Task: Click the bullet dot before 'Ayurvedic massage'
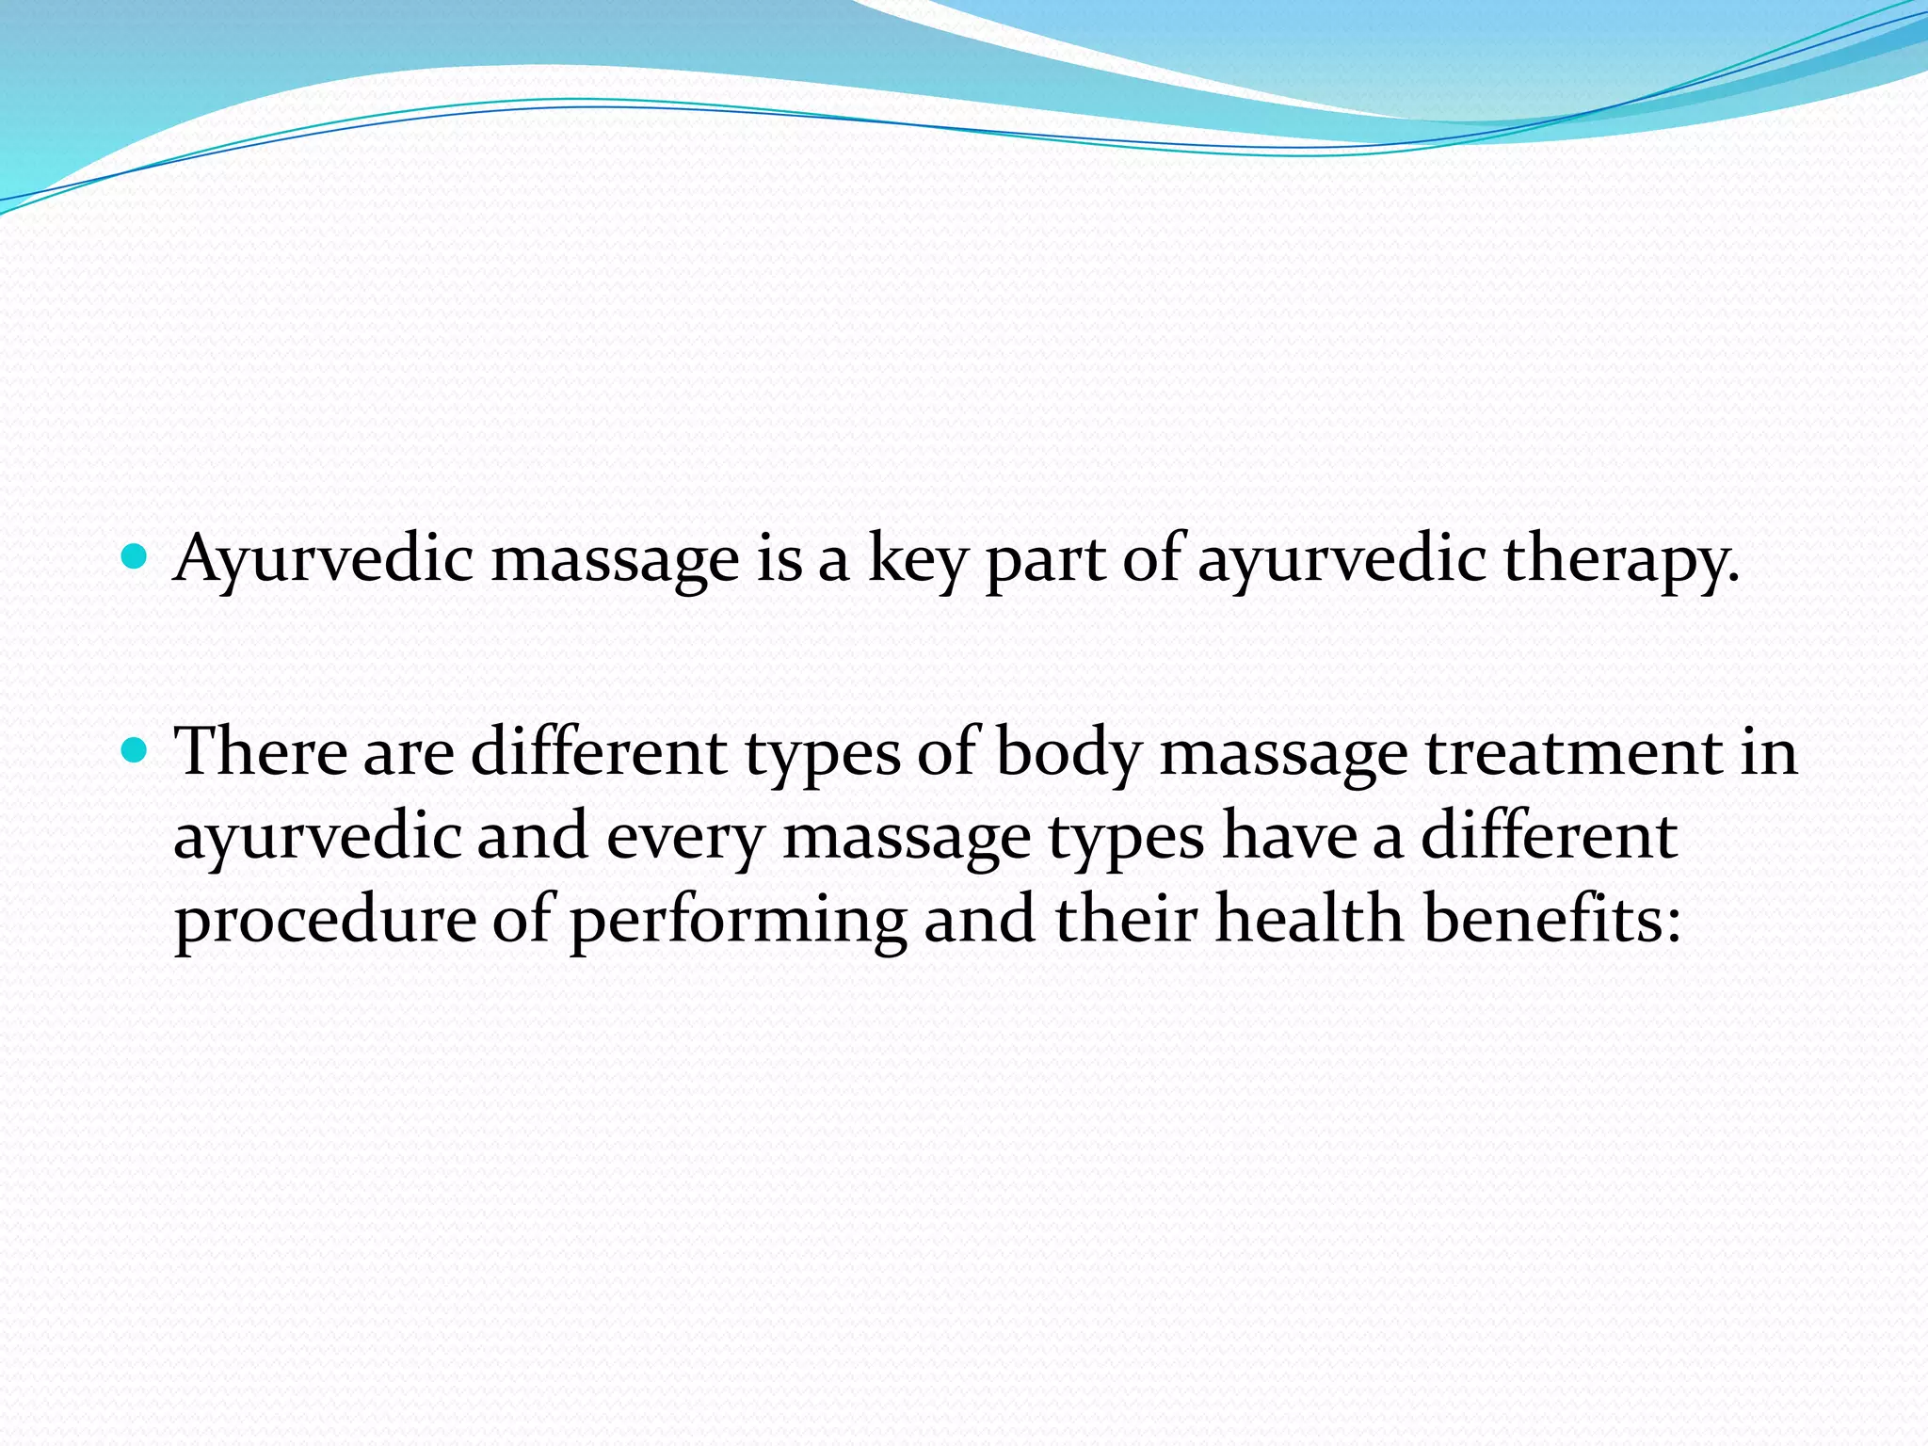click(x=136, y=557)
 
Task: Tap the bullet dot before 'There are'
click(x=136, y=750)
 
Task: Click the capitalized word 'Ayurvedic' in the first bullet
click(x=323, y=560)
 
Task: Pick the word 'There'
click(x=262, y=751)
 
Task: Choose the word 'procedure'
click(x=325, y=920)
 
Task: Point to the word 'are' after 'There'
click(x=408, y=753)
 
